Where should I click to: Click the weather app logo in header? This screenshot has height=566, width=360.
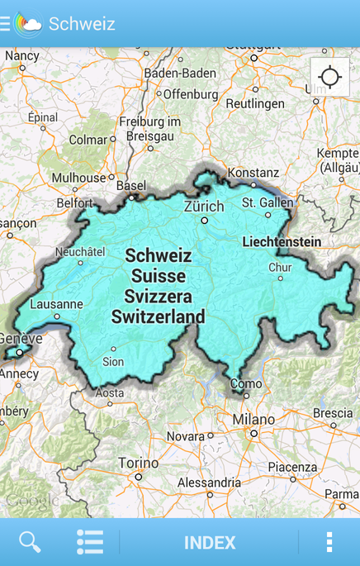pyautogui.click(x=28, y=24)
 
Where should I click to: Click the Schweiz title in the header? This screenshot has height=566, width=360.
pyautogui.click(x=82, y=24)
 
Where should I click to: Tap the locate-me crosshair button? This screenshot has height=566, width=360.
pyautogui.click(x=329, y=78)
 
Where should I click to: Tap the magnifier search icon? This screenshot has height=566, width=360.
pyautogui.click(x=30, y=542)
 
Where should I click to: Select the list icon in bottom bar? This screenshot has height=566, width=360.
pyautogui.click(x=90, y=542)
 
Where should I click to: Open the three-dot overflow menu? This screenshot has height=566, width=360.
pyautogui.click(x=329, y=542)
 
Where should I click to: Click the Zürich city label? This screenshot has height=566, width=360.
pyautogui.click(x=204, y=207)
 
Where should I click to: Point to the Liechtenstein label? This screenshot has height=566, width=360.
pyautogui.click(x=282, y=242)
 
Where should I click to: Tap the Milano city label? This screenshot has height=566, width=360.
pyautogui.click(x=253, y=420)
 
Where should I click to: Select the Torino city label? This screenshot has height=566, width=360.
pyautogui.click(x=138, y=463)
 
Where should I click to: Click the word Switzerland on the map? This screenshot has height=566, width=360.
pyautogui.click(x=159, y=316)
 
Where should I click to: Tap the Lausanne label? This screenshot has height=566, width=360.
pyautogui.click(x=56, y=304)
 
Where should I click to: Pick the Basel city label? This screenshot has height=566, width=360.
pyautogui.click(x=130, y=186)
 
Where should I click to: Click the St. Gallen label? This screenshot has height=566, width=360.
pyautogui.click(x=268, y=202)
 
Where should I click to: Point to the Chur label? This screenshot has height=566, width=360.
pyautogui.click(x=280, y=268)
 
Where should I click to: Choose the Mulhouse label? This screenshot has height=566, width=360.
pyautogui.click(x=79, y=178)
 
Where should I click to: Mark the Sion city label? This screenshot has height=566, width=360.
pyautogui.click(x=113, y=362)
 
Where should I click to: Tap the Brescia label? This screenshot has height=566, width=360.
pyautogui.click(x=333, y=413)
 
